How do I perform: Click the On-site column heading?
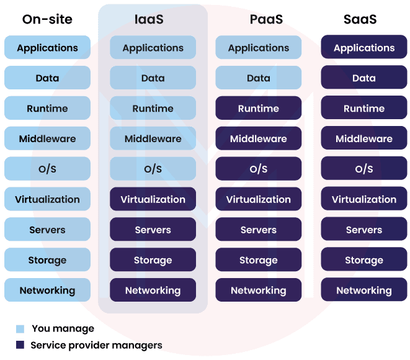tap(47, 19)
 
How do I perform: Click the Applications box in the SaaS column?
tap(364, 48)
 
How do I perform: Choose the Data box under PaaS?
tap(259, 78)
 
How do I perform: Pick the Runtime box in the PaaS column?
tap(259, 109)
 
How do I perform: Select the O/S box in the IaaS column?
tap(153, 169)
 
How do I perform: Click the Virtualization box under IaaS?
tap(153, 199)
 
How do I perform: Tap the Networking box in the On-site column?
tap(47, 290)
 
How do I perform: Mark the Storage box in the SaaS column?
tap(364, 260)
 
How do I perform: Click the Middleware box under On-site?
tap(47, 139)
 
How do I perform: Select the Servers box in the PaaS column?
tap(259, 230)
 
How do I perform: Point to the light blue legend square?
tap(20, 329)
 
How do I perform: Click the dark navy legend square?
tap(20, 345)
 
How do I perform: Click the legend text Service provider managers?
tap(96, 345)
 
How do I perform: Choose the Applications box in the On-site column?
tap(47, 48)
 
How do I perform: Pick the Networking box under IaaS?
tap(153, 290)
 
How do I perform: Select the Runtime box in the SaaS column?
tap(364, 109)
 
